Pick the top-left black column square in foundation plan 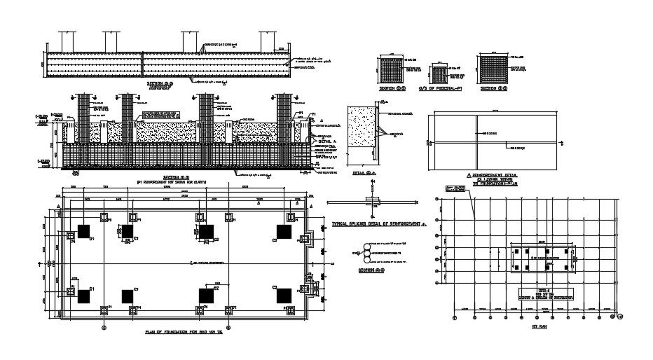84,231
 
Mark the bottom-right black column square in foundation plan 284,296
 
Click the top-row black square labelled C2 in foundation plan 206,231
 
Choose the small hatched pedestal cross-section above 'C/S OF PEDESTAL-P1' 439,74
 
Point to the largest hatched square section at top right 493,70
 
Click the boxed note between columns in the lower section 158,114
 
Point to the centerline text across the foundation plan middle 209,263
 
